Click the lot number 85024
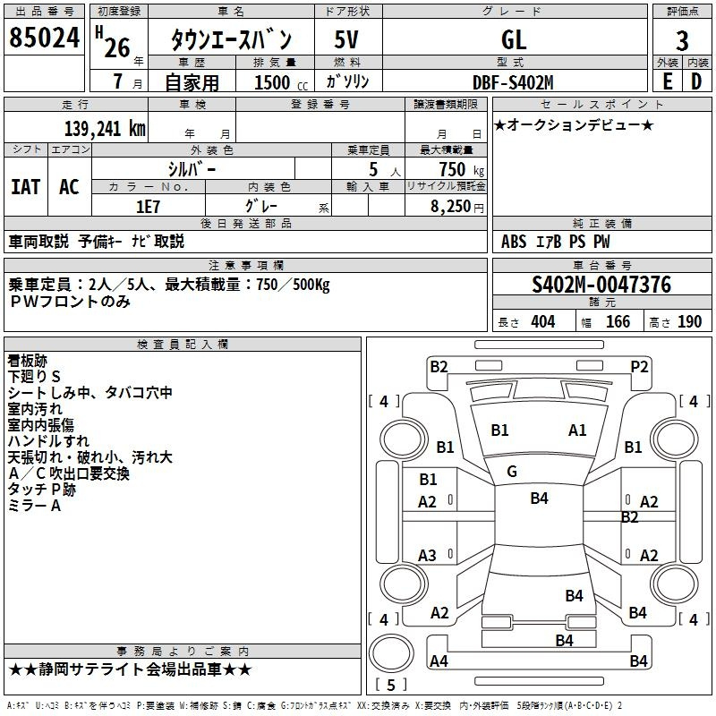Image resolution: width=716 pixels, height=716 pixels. click(x=45, y=38)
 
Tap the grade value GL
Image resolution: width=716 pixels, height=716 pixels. click(x=514, y=39)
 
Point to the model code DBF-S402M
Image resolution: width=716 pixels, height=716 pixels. click(x=513, y=82)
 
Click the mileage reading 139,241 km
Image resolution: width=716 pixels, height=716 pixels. click(x=105, y=128)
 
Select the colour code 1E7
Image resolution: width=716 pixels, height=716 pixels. click(x=148, y=206)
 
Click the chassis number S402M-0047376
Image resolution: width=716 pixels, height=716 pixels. click(x=601, y=285)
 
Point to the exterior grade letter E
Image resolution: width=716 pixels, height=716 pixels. click(x=667, y=82)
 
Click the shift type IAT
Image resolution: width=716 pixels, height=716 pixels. click(x=25, y=186)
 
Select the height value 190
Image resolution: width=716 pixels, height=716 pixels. click(x=689, y=322)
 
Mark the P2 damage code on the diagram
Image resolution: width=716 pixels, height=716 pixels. click(x=639, y=366)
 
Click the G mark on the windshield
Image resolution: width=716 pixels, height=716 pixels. click(x=512, y=472)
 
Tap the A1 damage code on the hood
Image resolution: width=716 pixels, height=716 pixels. click(x=577, y=430)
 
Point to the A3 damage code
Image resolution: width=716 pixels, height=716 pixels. click(x=428, y=556)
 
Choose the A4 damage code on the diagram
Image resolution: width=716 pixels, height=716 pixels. click(x=439, y=661)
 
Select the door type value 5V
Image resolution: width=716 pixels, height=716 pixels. click(x=346, y=39)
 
